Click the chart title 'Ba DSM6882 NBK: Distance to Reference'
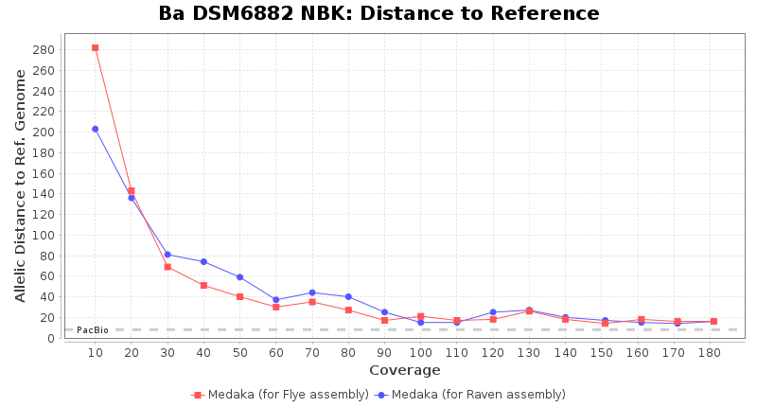coord(378,14)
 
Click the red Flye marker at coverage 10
coord(96,47)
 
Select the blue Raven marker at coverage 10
coord(96,129)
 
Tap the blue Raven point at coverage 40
coord(203,261)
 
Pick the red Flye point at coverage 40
coord(203,285)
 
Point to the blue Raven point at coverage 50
coord(239,277)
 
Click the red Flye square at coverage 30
coord(167,267)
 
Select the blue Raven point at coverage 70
coord(312,292)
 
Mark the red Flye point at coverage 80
coord(348,310)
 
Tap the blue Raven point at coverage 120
coord(493,312)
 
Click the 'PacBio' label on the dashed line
coord(93,330)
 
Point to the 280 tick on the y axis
coord(46,49)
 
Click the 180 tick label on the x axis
coord(713,353)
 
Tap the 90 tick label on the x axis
coord(384,353)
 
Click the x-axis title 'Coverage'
coord(404,370)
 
